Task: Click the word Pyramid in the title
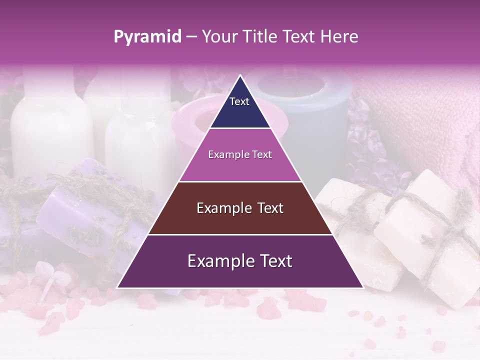click(147, 37)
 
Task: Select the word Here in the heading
click(339, 37)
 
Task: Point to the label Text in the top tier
click(239, 101)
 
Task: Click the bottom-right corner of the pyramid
click(363, 287)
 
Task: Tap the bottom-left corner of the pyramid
click(117, 287)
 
